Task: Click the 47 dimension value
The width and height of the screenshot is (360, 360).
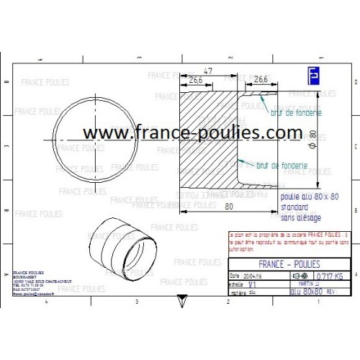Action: coord(208,72)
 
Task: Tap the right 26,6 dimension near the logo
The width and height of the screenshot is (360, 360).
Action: coord(261,79)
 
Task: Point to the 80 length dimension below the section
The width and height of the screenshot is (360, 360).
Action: coord(228,207)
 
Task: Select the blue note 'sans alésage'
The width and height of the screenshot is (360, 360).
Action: coord(297,217)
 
